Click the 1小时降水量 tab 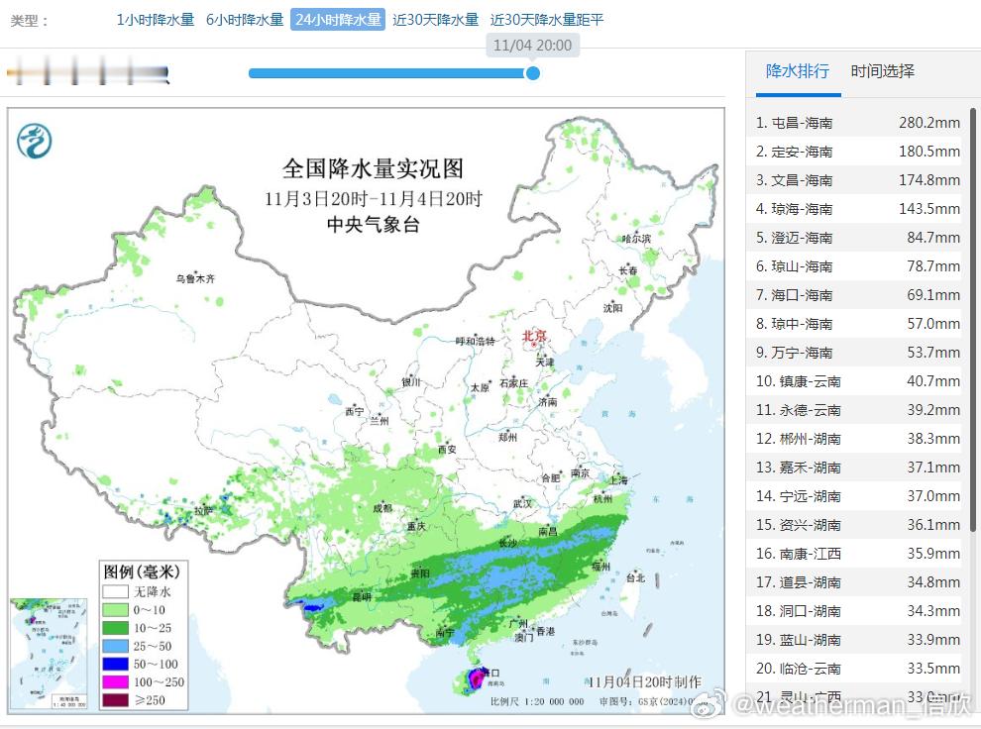(x=156, y=20)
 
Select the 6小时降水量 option (x=245, y=20)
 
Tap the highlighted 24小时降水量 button (x=337, y=20)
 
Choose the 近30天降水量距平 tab (x=547, y=20)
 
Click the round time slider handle (x=532, y=72)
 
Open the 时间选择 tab (x=882, y=71)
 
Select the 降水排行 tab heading (x=798, y=71)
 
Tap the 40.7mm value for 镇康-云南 (x=932, y=381)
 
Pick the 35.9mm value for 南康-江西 (x=932, y=554)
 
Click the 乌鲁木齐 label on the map (x=195, y=279)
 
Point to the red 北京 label (x=534, y=337)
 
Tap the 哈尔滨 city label (x=636, y=239)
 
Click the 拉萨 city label (x=202, y=511)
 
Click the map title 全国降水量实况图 (x=373, y=167)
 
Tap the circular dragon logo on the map (x=35, y=141)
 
